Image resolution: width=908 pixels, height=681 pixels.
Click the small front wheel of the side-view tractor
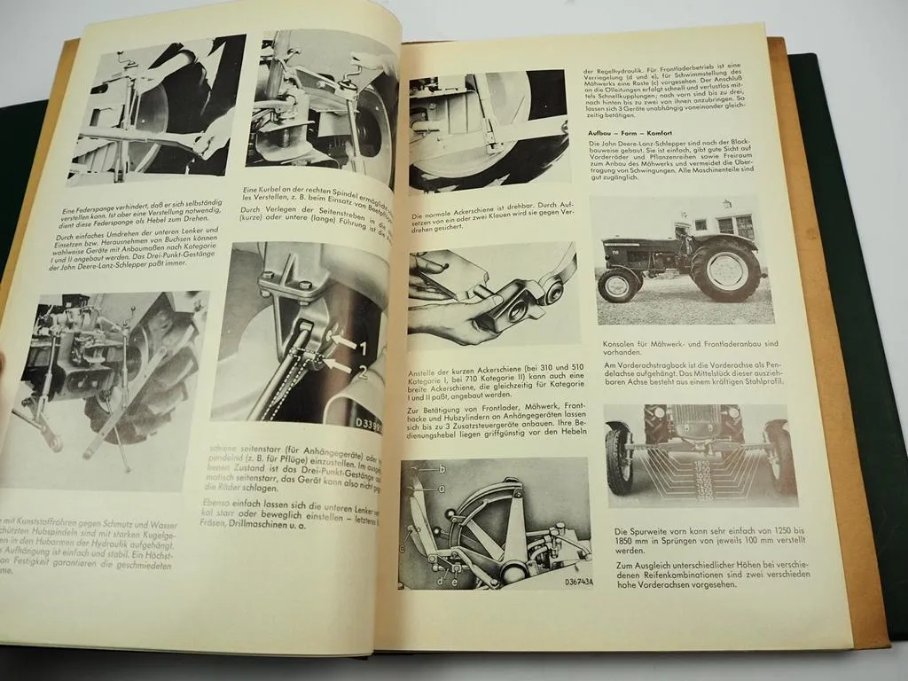[618, 285]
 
